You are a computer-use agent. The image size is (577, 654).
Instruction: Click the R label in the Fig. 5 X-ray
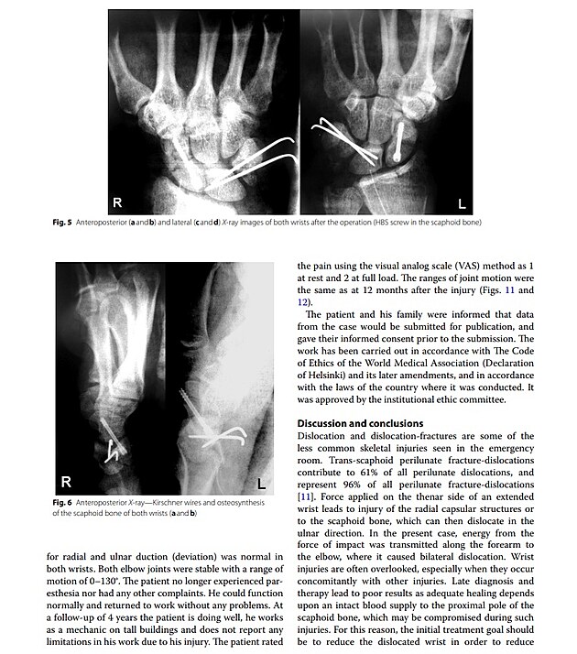coord(117,202)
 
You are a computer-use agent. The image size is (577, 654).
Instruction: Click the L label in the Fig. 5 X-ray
coord(463,204)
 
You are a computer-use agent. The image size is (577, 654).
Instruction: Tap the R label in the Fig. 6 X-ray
coord(66,481)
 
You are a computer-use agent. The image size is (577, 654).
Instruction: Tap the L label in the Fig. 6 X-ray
coord(260,483)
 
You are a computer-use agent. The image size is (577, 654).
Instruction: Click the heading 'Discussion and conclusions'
coord(361,423)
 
